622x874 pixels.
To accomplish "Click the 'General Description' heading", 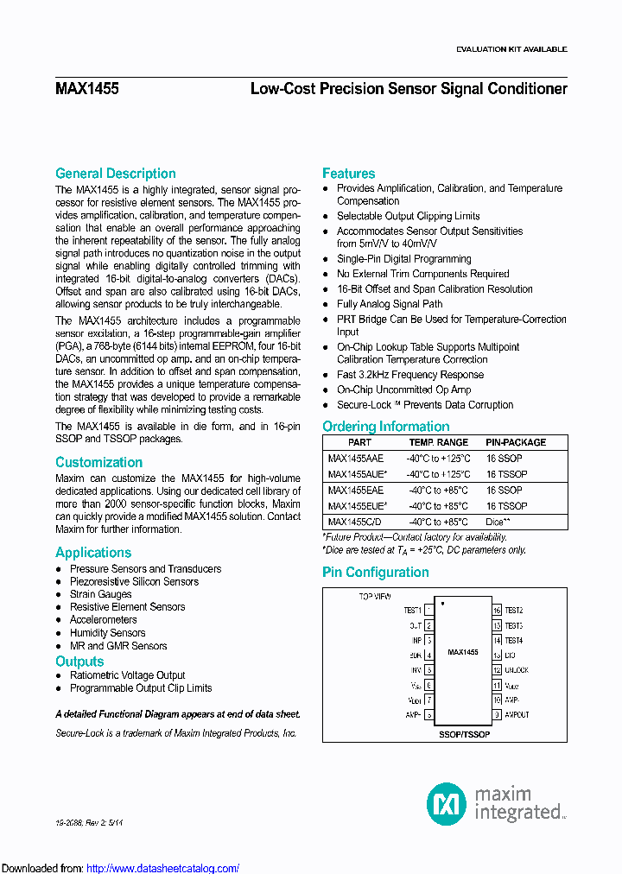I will pyautogui.click(x=115, y=174).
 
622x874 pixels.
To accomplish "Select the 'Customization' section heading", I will pyautogui.click(x=98, y=463).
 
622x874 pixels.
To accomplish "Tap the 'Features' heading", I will pyautogui.click(x=348, y=174).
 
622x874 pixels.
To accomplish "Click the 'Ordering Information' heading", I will pyautogui.click(x=385, y=427).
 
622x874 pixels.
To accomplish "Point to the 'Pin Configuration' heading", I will pyautogui.click(x=375, y=573).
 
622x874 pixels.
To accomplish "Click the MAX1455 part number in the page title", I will pyautogui.click(x=87, y=89).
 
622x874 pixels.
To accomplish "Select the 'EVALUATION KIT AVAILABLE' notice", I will pyautogui.click(x=511, y=49).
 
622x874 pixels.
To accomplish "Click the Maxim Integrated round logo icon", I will pyautogui.click(x=447, y=803).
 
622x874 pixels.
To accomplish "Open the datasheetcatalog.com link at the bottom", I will pyautogui.click(x=162, y=868).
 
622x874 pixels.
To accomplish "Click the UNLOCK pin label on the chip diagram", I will pyautogui.click(x=517, y=670).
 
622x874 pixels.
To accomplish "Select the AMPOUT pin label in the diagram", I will pyautogui.click(x=517, y=715).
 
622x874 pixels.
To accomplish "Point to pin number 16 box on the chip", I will pyautogui.click(x=497, y=610).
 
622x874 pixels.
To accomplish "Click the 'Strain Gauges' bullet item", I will pyautogui.click(x=100, y=594).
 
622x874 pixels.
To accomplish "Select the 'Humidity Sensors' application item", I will pyautogui.click(x=107, y=633).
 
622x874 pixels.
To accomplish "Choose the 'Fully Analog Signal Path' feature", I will pyautogui.click(x=390, y=304).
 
